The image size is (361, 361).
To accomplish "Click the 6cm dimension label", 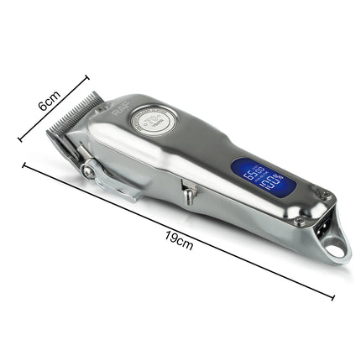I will click(51, 102).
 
